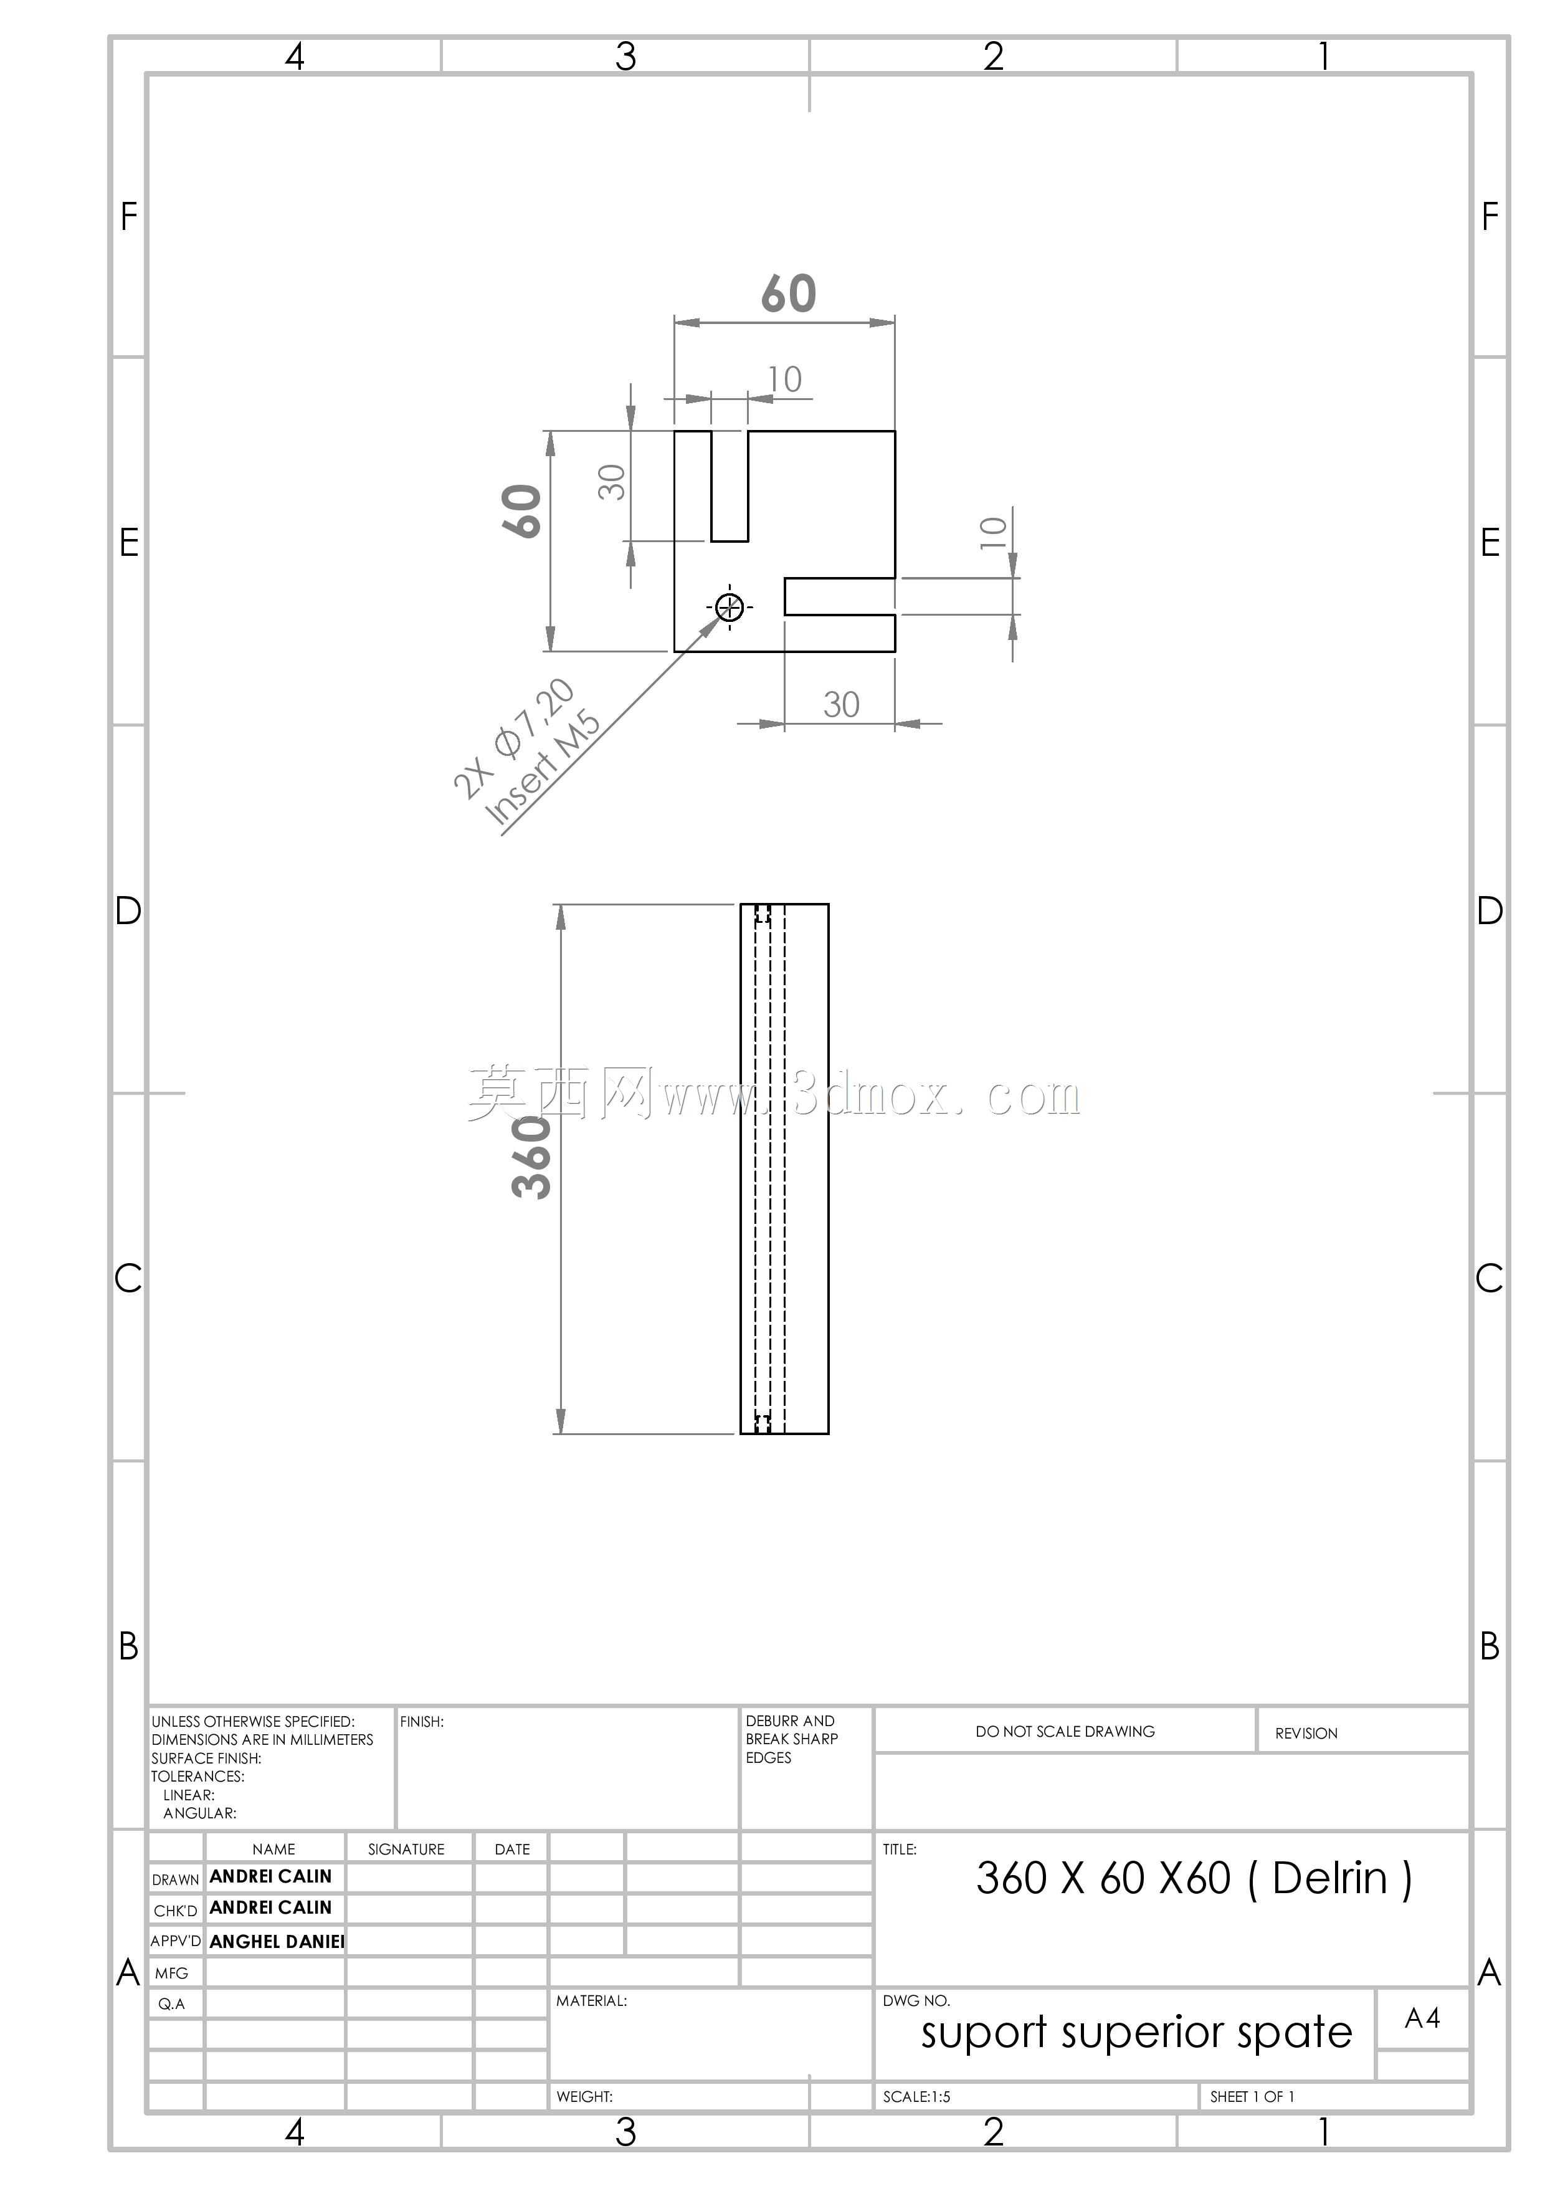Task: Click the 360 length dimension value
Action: (532, 1157)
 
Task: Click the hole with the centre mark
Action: (729, 606)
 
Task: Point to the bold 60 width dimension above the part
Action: (788, 294)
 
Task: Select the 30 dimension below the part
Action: (842, 705)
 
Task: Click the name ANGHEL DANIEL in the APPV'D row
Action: (277, 1941)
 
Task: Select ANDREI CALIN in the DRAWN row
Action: (270, 1876)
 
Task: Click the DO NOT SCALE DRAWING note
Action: (1065, 1732)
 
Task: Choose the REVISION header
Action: (1306, 1734)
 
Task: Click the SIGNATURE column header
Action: (406, 1849)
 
